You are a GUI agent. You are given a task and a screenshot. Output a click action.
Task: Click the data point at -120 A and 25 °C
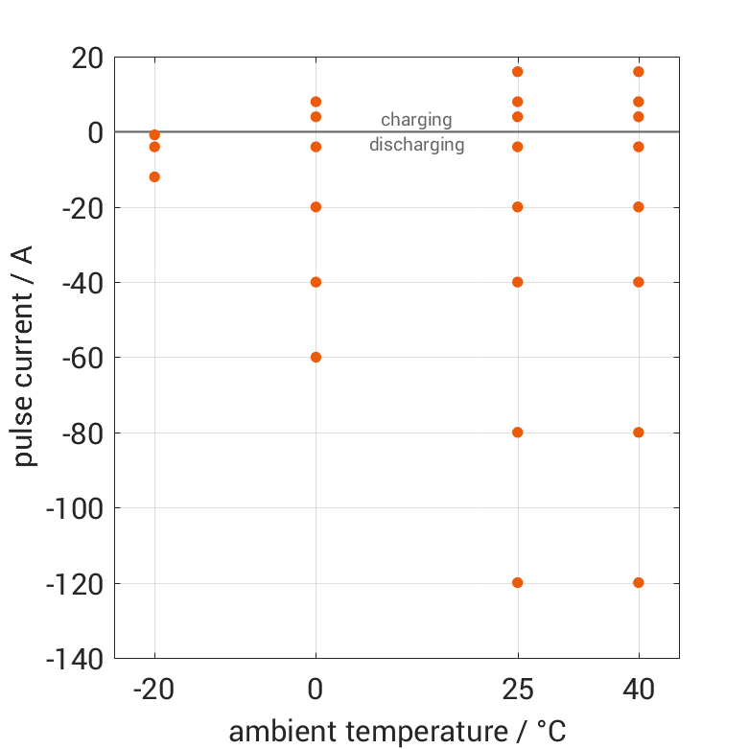point(518,582)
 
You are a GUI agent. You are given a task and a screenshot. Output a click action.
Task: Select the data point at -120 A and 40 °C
point(639,582)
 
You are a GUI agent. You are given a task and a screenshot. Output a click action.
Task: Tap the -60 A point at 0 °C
point(316,357)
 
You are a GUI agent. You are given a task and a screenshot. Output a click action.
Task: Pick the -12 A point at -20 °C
point(154,176)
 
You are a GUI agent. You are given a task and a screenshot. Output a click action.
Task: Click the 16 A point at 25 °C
point(518,72)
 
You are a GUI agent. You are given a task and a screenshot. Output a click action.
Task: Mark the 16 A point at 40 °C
point(639,72)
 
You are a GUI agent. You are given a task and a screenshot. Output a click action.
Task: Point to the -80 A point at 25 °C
point(518,433)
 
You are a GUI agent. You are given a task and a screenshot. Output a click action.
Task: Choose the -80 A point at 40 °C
point(639,433)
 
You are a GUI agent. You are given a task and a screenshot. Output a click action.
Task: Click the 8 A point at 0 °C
point(316,102)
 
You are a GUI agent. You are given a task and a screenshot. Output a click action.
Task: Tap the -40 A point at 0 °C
point(316,282)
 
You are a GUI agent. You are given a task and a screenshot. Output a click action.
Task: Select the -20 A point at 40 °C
point(639,207)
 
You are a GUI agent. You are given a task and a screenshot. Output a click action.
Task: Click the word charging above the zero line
point(416,120)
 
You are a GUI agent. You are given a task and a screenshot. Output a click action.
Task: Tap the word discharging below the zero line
point(416,146)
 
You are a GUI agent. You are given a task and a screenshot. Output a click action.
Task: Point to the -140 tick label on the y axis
point(74,659)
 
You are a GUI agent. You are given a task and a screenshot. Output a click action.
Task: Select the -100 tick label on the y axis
point(74,507)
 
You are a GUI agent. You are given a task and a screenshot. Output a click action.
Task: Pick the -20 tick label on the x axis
point(154,690)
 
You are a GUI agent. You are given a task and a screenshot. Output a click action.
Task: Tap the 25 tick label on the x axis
point(518,690)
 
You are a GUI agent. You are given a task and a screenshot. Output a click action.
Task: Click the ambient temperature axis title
point(397,731)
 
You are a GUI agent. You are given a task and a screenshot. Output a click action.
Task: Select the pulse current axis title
point(26,357)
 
